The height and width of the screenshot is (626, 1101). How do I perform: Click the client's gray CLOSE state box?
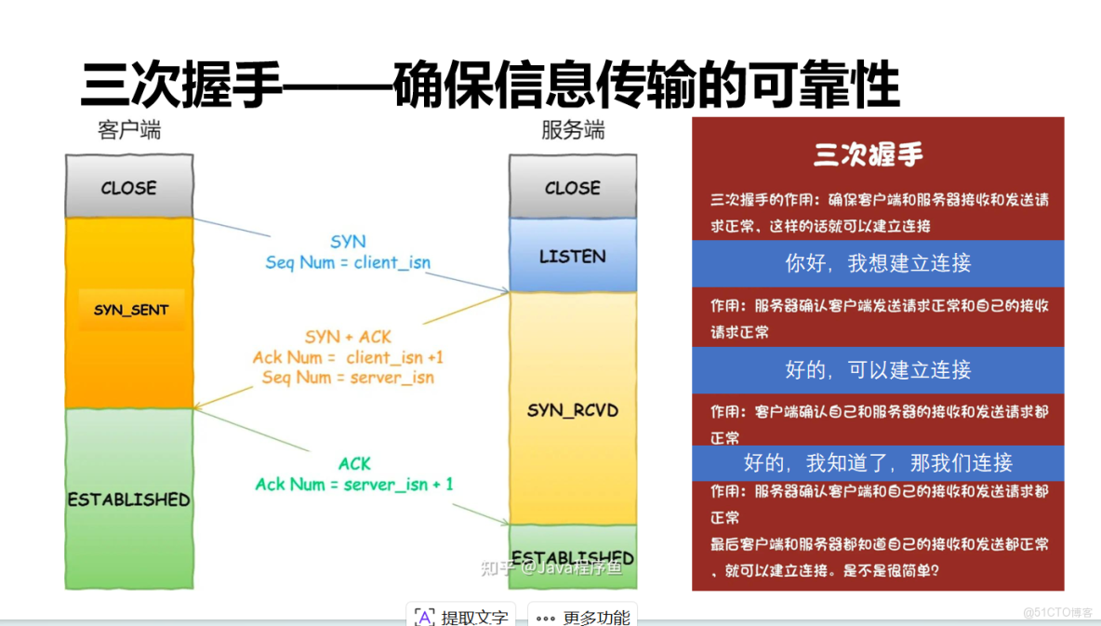128,187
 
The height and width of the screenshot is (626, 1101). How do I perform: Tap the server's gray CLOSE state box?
572,187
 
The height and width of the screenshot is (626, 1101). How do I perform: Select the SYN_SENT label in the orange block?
131,310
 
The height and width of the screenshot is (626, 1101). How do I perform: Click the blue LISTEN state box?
572,256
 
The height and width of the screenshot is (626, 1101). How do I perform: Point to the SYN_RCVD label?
572,410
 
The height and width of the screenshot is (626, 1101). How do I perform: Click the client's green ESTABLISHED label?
128,499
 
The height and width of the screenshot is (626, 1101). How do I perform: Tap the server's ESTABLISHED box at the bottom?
572,558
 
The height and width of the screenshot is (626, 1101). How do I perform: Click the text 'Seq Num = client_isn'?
348,262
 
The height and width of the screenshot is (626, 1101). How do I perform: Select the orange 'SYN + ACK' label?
348,337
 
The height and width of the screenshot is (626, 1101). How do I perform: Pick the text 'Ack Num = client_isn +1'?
348,357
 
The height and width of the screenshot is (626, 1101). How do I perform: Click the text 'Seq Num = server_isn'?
348,378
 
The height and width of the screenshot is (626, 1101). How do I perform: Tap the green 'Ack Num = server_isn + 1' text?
354,484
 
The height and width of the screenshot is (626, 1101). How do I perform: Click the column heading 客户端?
128,130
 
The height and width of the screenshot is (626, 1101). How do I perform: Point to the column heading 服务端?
572,130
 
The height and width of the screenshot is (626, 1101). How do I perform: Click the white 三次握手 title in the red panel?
868,154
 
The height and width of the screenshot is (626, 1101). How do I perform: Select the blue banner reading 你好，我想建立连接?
877,263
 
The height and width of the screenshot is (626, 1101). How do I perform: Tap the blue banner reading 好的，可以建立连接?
877,369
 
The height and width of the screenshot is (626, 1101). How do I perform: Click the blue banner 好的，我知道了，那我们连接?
877,462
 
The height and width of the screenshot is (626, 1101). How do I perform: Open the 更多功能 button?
583,617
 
